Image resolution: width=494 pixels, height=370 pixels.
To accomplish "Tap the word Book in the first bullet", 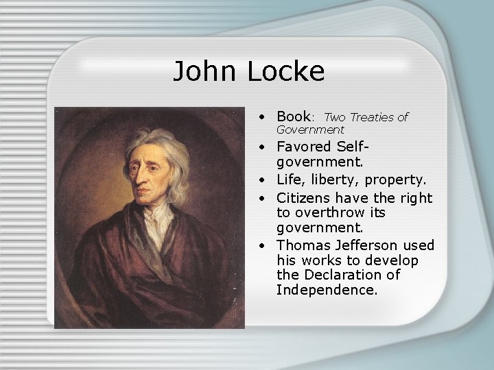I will (x=293, y=116).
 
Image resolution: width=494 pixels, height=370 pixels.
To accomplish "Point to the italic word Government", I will (x=310, y=129).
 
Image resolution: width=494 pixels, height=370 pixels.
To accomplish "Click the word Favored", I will (x=305, y=147).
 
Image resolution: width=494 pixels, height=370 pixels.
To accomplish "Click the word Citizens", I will (x=306, y=197).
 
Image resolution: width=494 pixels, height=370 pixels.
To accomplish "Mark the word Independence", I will (x=327, y=290).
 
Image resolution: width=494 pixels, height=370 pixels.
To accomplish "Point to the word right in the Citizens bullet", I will (x=417, y=197).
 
